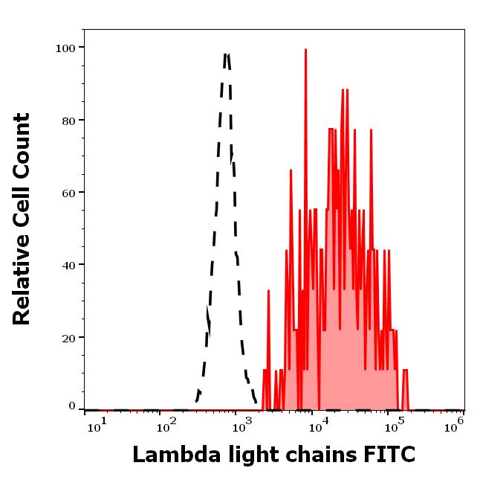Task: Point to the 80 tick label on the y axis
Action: [68, 121]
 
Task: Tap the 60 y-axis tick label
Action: [68, 193]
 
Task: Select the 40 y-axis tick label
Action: [68, 265]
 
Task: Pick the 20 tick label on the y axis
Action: [68, 337]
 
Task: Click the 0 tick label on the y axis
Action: [71, 406]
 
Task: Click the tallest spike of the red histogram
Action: [305, 50]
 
